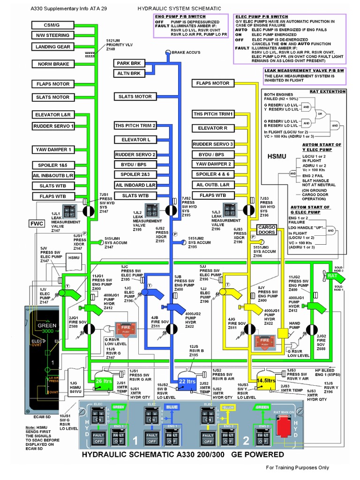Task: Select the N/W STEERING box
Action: click(52, 36)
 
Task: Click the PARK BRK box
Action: click(129, 63)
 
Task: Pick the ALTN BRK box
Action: click(129, 73)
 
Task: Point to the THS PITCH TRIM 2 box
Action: click(135, 126)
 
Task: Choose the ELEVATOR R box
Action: click(213, 128)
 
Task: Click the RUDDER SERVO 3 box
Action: click(213, 144)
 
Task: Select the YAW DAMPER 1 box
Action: click(53, 150)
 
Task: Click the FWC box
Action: click(37, 224)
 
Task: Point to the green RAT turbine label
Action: click(332, 276)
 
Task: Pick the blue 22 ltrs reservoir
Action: click(187, 382)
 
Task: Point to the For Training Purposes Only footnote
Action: click(297, 467)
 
